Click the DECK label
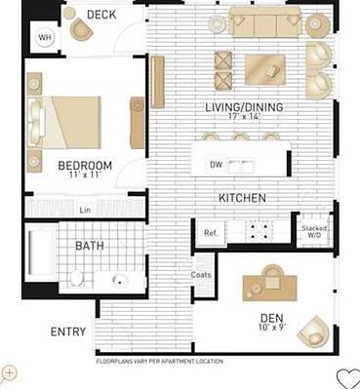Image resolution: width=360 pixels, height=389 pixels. [101, 15]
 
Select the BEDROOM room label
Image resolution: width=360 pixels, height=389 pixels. [85, 165]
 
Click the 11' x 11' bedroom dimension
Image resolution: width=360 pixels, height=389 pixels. [85, 177]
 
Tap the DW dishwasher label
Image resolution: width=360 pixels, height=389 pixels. [217, 165]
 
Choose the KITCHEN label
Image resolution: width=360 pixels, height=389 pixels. [242, 198]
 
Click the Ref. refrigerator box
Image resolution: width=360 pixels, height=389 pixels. [210, 233]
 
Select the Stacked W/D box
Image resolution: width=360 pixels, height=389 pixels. [314, 230]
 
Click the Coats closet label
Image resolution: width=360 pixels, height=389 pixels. [202, 274]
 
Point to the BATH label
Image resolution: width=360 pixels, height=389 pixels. [90, 246]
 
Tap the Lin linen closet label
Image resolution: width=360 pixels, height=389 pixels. [86, 209]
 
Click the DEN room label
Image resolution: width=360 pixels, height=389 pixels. [271, 318]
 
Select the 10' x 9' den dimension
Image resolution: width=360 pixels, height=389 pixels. [271, 330]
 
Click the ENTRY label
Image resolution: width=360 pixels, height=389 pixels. [67, 331]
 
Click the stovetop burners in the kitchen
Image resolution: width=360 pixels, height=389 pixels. [260, 231]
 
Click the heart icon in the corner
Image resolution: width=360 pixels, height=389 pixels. [347, 377]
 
